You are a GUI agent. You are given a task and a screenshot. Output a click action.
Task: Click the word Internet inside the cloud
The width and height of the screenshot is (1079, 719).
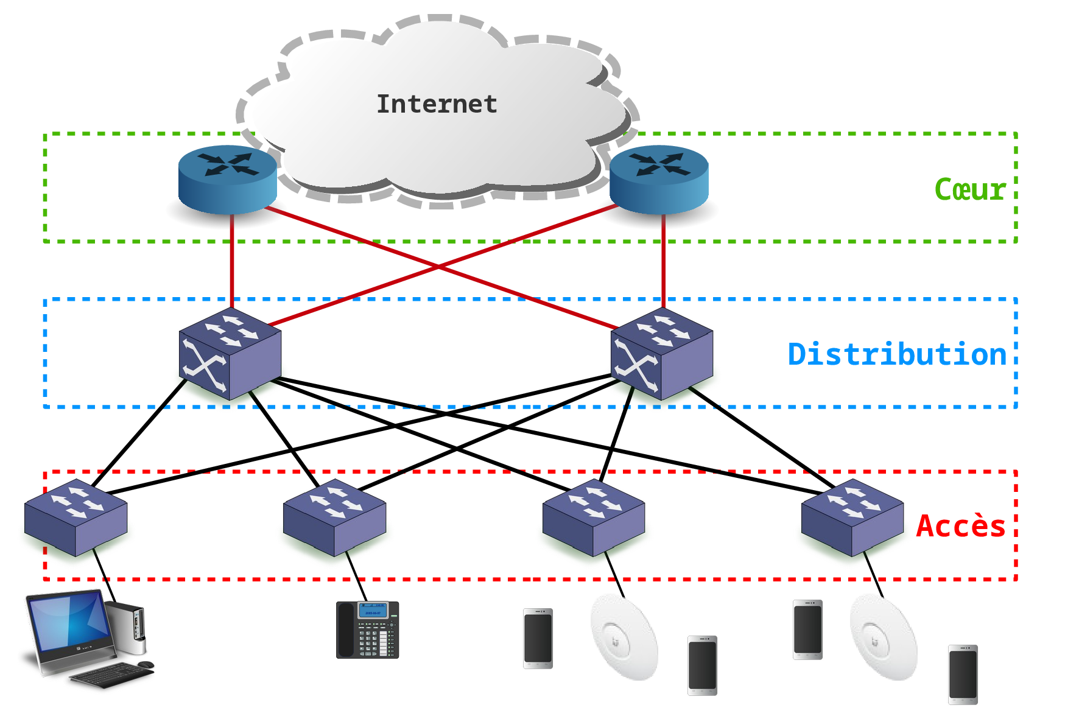click(437, 104)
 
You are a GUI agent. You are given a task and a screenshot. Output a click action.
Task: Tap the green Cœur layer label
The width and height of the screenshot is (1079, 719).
click(969, 189)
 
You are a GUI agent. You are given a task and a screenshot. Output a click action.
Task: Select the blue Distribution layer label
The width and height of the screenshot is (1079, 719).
click(896, 354)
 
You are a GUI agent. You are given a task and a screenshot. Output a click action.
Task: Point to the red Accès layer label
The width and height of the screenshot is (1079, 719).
click(960, 526)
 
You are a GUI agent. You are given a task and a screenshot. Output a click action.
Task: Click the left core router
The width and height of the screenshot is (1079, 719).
click(227, 179)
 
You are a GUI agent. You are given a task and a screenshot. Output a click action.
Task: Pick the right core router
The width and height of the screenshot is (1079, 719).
click(659, 179)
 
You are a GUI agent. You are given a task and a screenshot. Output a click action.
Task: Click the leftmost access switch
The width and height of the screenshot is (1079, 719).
click(76, 518)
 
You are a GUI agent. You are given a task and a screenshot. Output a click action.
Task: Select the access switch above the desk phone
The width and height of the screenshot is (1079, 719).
click(334, 518)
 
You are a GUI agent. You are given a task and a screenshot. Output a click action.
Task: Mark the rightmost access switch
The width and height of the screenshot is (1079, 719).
click(852, 518)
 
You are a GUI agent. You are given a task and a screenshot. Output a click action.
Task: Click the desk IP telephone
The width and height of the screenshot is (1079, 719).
click(367, 630)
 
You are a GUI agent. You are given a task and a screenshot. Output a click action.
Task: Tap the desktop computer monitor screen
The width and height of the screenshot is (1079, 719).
click(71, 621)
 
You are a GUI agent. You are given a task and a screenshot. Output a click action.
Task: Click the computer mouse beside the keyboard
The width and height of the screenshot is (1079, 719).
click(146, 664)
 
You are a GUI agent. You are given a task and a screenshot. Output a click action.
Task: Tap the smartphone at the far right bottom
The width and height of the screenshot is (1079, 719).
click(963, 675)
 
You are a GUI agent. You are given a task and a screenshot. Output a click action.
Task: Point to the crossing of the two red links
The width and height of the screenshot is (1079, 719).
click(438, 267)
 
